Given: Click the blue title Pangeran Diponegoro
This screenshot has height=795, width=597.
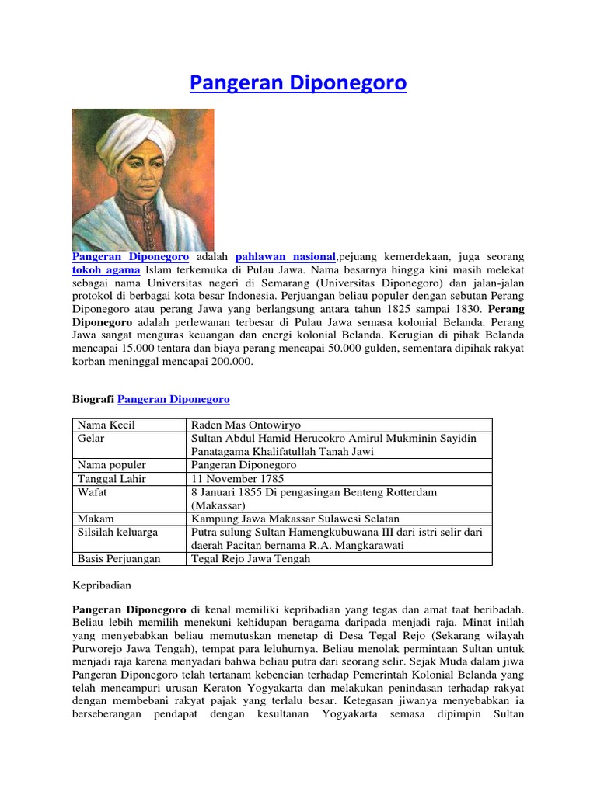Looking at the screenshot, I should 298,83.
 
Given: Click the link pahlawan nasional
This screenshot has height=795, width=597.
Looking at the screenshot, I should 285,256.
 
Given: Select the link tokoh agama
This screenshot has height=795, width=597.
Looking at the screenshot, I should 106,270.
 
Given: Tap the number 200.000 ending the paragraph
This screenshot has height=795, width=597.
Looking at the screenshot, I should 232,363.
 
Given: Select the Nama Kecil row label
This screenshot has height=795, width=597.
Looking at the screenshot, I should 106,425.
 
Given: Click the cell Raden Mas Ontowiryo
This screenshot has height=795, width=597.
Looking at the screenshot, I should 246,425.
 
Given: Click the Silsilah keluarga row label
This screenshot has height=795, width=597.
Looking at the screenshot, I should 117,532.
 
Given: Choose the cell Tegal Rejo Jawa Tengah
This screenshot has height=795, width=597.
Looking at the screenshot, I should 250,558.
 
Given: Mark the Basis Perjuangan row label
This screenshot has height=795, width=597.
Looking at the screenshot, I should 119,558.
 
